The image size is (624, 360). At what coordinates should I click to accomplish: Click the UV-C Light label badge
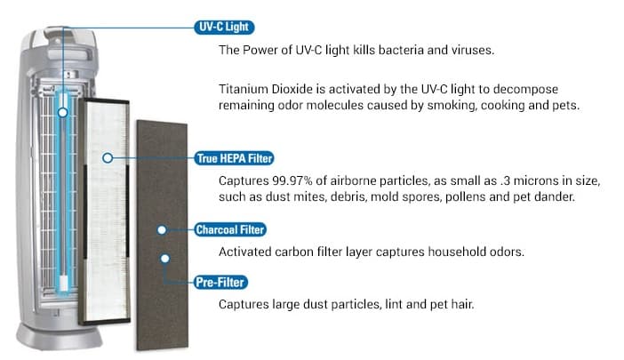tap(224, 27)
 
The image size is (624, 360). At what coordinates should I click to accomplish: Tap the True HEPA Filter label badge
tap(234, 158)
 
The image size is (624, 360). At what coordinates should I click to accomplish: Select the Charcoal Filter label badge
tap(230, 230)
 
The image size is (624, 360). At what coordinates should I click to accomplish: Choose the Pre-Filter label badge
tap(220, 283)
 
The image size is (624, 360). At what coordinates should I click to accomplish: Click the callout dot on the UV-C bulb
tap(62, 113)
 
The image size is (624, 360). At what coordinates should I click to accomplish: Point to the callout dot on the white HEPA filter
tap(108, 158)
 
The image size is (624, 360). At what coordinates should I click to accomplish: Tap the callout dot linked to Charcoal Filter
tap(162, 230)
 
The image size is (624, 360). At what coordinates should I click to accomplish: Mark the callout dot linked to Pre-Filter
tap(164, 259)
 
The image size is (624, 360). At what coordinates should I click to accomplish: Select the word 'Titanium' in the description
tap(244, 89)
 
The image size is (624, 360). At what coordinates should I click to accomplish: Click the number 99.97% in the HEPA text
tap(292, 181)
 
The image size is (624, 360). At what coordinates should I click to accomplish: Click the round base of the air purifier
tap(59, 337)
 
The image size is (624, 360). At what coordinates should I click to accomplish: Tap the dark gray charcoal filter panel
tap(162, 236)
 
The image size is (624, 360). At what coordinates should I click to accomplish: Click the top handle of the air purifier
tap(66, 35)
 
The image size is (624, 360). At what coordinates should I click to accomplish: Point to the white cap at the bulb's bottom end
tap(64, 284)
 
